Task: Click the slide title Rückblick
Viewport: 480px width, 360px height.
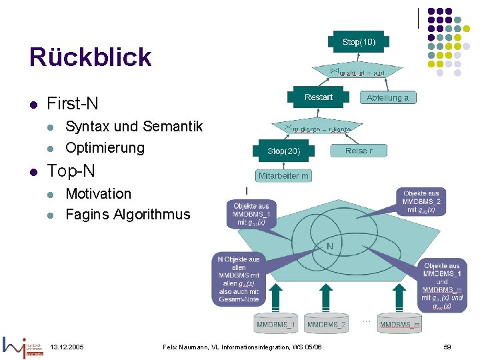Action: tap(90, 57)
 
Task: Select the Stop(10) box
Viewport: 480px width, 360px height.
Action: tap(359, 42)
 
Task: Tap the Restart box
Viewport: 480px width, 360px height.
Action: tap(319, 97)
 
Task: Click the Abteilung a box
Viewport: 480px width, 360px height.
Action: tap(387, 97)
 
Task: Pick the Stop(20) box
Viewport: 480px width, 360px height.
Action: tap(284, 151)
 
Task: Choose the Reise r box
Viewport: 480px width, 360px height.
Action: tap(359, 151)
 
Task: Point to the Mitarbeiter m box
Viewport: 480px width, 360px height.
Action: tap(284, 176)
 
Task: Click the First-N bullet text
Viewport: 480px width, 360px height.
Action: tap(73, 103)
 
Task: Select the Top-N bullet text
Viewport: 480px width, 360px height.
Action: tap(71, 171)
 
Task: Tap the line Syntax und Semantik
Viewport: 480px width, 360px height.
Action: tap(133, 126)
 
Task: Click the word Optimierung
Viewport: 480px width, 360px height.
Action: tap(105, 147)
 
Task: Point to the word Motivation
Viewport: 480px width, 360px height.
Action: tap(98, 193)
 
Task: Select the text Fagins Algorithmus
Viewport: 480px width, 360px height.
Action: tap(127, 214)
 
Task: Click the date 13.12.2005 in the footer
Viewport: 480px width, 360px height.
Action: tap(67, 347)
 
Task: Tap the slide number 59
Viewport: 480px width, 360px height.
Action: tap(447, 347)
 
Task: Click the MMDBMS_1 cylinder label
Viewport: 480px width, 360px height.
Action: tap(276, 325)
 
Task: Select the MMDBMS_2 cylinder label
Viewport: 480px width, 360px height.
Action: tap(327, 325)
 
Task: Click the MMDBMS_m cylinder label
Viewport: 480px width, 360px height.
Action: tap(400, 325)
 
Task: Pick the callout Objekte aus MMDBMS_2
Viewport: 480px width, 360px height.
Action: tap(421, 201)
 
